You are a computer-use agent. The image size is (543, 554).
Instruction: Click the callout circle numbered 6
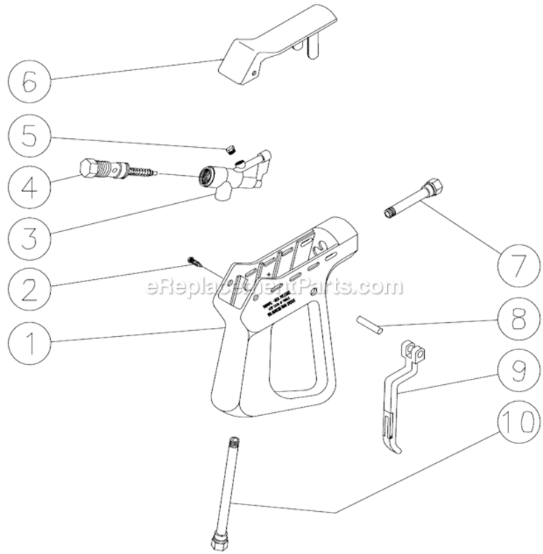pyautogui.click(x=28, y=81)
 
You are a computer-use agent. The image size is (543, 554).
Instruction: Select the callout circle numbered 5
pyautogui.click(x=28, y=137)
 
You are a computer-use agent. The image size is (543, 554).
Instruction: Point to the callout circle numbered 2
pyautogui.click(x=28, y=288)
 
